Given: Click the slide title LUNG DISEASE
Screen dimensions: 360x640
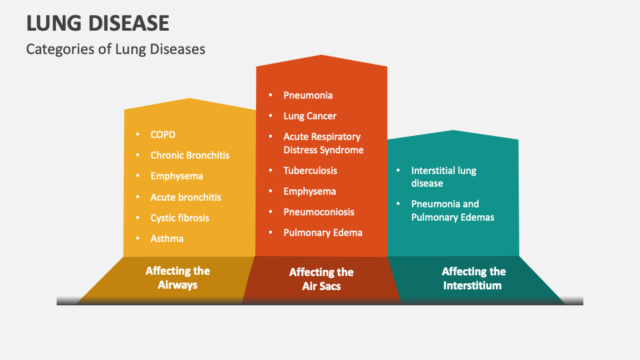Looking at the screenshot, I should [97, 23].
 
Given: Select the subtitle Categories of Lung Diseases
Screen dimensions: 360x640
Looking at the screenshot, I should [115, 49].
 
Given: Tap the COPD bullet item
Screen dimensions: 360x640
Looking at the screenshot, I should [163, 135].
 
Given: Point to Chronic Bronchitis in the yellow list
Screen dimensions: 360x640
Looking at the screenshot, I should [189, 155].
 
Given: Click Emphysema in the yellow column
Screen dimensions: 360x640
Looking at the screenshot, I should [177, 176].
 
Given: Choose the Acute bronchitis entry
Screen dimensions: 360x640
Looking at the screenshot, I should [185, 197].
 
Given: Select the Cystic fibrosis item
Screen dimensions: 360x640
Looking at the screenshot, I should [179, 218].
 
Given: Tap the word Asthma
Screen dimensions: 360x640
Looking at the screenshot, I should [167, 239].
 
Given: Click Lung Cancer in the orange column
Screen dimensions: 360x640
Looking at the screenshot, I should [310, 116].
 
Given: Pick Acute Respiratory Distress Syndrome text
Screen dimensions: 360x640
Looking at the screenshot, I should [323, 143].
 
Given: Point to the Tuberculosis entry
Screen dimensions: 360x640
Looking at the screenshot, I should [310, 171].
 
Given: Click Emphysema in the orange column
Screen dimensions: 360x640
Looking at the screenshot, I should [309, 191].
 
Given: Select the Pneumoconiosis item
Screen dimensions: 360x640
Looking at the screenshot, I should [319, 212].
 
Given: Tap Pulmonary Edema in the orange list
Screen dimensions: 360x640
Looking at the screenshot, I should [323, 233].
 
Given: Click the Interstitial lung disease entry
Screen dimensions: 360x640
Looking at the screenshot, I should [443, 177].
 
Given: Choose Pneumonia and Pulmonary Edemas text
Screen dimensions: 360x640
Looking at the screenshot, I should [453, 210].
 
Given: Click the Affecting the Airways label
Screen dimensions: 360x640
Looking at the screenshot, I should [177, 278].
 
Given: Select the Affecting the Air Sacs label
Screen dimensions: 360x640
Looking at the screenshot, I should [321, 279].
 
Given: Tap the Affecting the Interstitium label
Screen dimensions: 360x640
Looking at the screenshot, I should [473, 278].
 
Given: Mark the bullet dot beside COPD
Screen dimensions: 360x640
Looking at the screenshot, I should [138, 135].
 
